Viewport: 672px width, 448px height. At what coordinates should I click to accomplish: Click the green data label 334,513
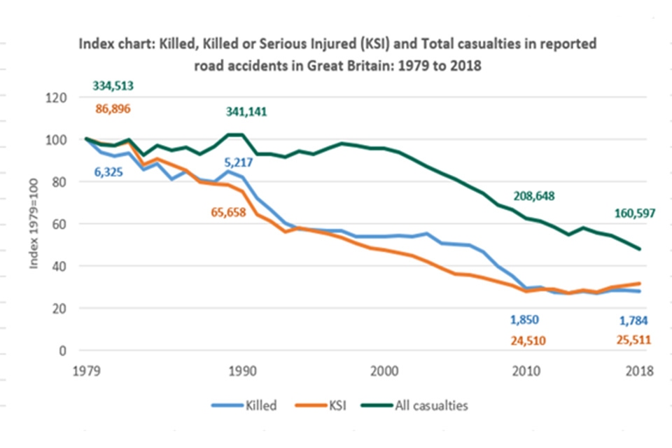[113, 87]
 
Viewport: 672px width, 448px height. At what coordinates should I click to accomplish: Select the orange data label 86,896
[113, 108]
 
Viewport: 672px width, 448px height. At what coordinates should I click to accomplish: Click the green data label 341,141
[246, 112]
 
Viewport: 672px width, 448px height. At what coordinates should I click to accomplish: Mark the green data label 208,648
[534, 197]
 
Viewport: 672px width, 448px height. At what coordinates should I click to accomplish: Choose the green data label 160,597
[635, 213]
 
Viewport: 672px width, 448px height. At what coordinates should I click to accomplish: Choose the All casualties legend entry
[433, 405]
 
